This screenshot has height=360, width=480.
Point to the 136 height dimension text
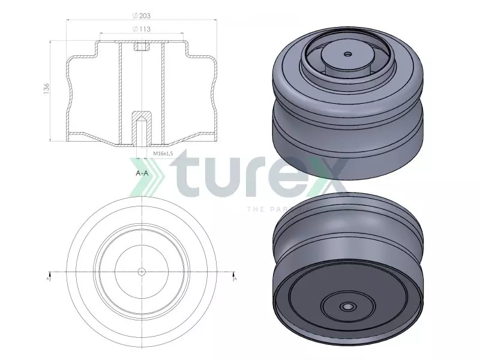pyautogui.click(x=47, y=89)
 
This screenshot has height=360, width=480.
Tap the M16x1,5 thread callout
pyautogui.click(x=164, y=154)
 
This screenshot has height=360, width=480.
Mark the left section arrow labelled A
pyautogui.click(x=49, y=277)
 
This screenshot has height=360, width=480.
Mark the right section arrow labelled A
pyautogui.click(x=235, y=277)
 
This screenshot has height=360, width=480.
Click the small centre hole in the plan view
pyautogui.click(x=141, y=271)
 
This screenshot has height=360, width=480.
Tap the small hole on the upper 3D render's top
pyautogui.click(x=347, y=53)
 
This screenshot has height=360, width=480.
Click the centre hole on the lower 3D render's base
pyautogui.click(x=347, y=307)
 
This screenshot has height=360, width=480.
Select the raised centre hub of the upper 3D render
pyautogui.click(x=346, y=57)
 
